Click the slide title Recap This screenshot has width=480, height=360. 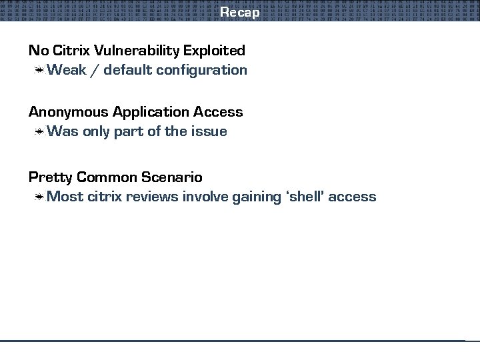click(x=239, y=12)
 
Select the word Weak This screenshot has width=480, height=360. click(x=67, y=69)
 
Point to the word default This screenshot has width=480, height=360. click(x=127, y=69)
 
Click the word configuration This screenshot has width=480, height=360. click(x=202, y=70)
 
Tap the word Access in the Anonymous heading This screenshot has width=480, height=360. click(x=218, y=112)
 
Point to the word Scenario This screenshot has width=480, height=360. click(x=171, y=177)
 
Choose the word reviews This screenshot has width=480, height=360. click(x=152, y=197)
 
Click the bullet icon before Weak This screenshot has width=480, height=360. click(x=40, y=70)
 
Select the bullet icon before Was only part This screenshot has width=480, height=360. click(x=40, y=132)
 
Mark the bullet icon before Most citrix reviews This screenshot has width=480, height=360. click(x=40, y=197)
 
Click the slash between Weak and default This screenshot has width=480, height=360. click(x=95, y=70)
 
